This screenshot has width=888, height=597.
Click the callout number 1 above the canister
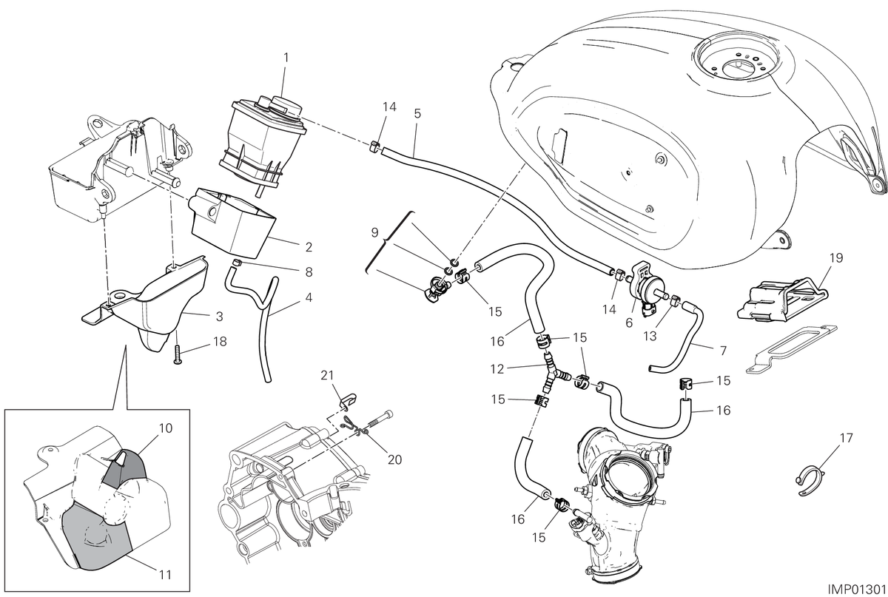(286, 58)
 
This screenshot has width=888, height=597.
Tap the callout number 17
(846, 439)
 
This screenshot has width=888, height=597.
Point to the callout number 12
(497, 369)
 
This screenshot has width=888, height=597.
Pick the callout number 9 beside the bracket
(374, 233)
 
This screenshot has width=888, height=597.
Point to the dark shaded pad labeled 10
(123, 470)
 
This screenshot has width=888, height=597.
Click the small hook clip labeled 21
(348, 400)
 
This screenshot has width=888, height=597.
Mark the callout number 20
(394, 460)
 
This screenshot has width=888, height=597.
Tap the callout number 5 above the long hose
(417, 114)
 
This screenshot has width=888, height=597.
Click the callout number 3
(219, 317)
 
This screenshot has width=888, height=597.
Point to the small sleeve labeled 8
(236, 263)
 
